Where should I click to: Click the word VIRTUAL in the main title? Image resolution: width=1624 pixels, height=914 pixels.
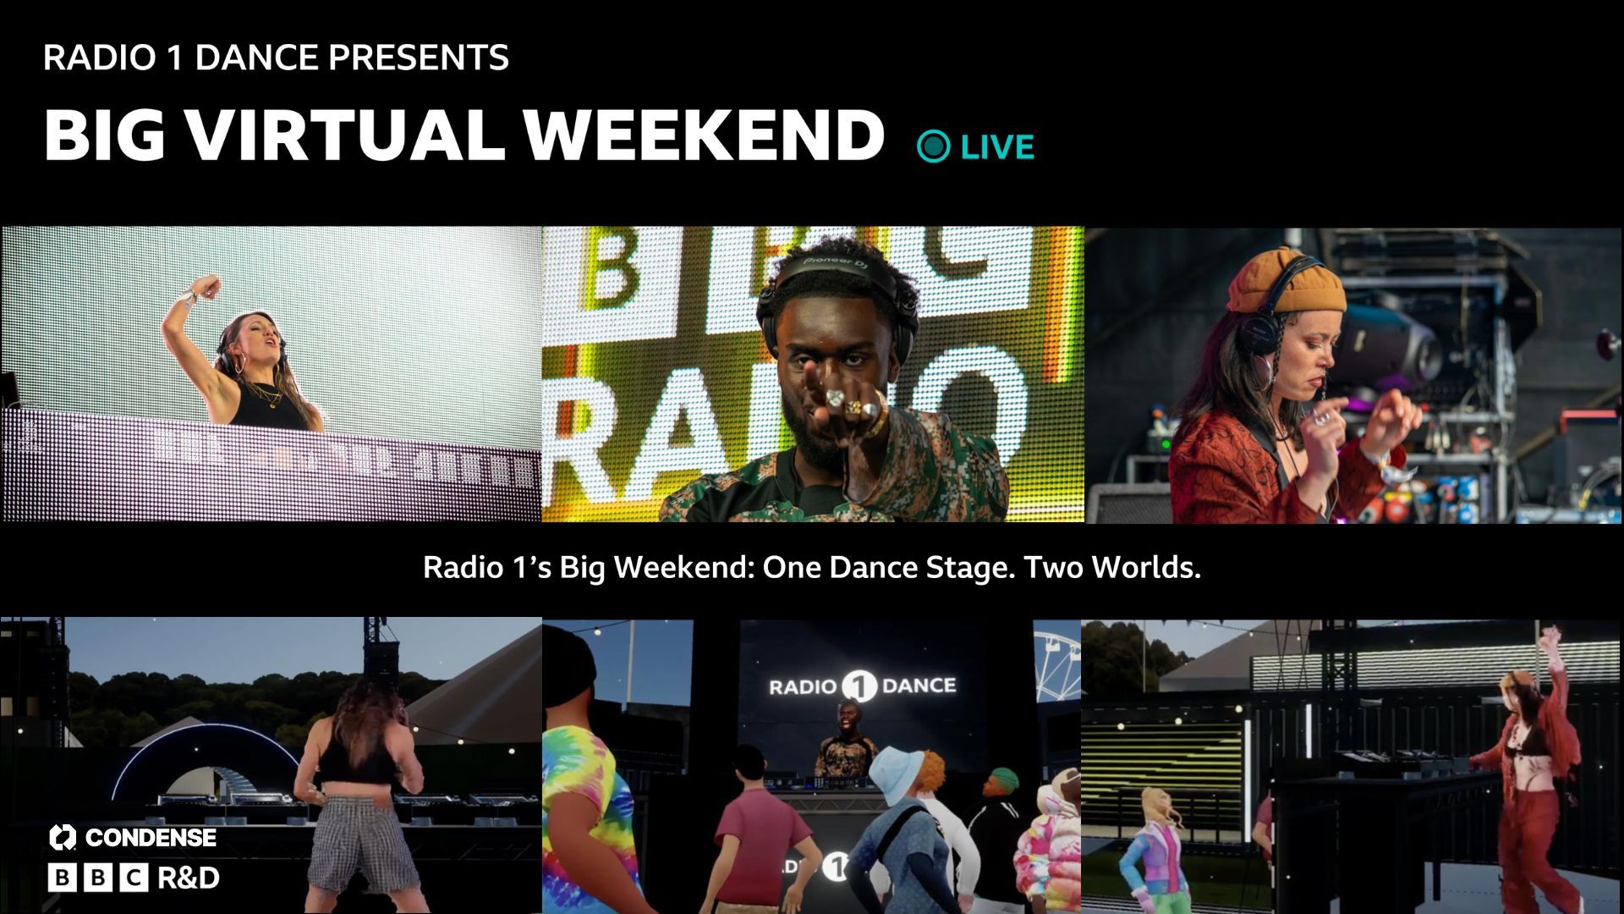tap(344, 135)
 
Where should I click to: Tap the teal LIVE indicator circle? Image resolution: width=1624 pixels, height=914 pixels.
tap(934, 146)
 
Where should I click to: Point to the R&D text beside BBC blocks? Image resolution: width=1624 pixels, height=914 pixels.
tap(189, 878)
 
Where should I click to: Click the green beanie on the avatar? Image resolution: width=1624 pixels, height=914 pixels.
tap(1003, 776)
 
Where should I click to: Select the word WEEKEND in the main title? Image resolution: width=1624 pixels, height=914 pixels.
tap(703, 135)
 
